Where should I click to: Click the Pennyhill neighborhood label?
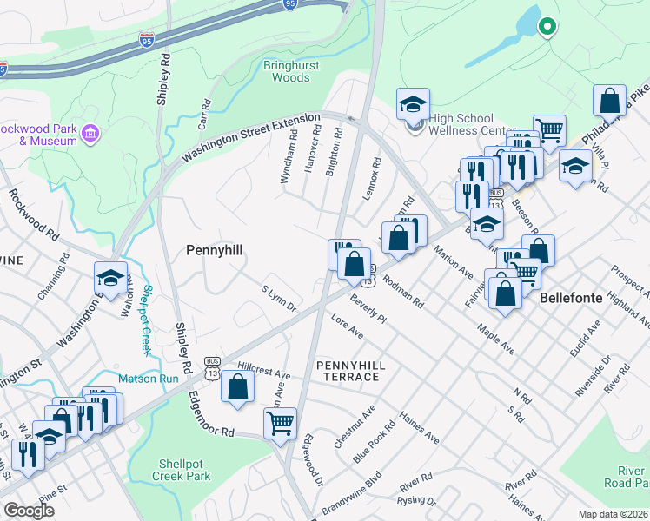[214, 250]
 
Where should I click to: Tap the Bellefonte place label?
[571, 297]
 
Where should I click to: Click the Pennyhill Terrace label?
[348, 371]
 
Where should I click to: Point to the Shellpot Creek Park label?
[185, 470]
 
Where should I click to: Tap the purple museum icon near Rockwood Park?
[92, 135]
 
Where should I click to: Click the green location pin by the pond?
[547, 27]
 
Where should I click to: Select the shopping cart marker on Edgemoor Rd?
[280, 424]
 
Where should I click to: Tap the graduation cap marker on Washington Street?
[110, 278]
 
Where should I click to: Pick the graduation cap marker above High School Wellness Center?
[414, 105]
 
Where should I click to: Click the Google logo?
[30, 511]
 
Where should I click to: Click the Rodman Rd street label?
[402, 293]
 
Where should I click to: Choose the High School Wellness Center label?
[461, 124]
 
